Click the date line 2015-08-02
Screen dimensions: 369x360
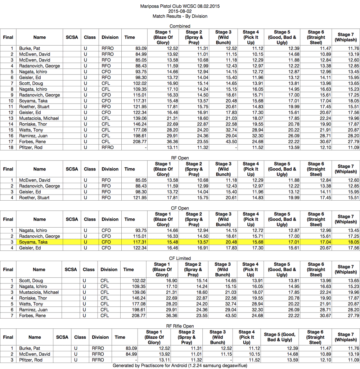tap(180, 12)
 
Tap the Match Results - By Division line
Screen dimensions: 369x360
tap(180, 17)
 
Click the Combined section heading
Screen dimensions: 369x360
tap(180, 26)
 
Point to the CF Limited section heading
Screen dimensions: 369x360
tap(180, 259)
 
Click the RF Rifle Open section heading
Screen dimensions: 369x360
tap(180, 326)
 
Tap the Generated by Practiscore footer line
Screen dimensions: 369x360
tap(180, 366)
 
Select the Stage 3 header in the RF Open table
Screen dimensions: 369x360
tap(223, 169)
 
